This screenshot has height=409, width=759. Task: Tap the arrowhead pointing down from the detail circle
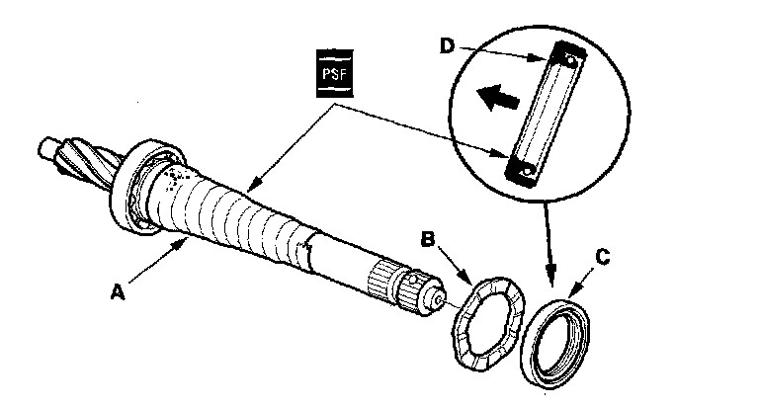pyautogui.click(x=551, y=279)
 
